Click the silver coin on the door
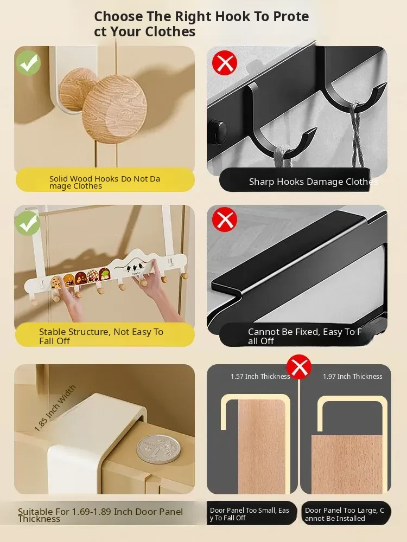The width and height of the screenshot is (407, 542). (x=158, y=449)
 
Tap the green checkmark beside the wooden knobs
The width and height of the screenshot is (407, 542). (x=28, y=63)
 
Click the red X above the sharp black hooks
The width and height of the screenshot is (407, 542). (x=225, y=62)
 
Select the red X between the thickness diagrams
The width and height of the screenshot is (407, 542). (x=299, y=367)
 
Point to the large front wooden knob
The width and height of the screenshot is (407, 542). (x=115, y=109)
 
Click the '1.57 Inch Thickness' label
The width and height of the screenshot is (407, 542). (x=260, y=377)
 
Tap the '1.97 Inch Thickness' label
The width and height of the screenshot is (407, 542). (x=353, y=377)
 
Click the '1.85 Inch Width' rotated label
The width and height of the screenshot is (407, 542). (x=55, y=408)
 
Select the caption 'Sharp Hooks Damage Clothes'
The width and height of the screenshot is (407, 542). (x=313, y=182)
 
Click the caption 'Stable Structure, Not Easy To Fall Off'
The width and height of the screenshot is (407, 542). (x=101, y=337)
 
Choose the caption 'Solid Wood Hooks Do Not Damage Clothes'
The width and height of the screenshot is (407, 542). (x=105, y=182)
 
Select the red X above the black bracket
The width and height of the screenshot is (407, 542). (x=225, y=220)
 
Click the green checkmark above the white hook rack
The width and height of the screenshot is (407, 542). (x=28, y=223)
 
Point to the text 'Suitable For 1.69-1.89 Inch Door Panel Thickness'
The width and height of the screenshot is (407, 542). (x=100, y=515)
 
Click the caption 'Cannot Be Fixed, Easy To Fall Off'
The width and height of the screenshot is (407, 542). (x=305, y=337)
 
